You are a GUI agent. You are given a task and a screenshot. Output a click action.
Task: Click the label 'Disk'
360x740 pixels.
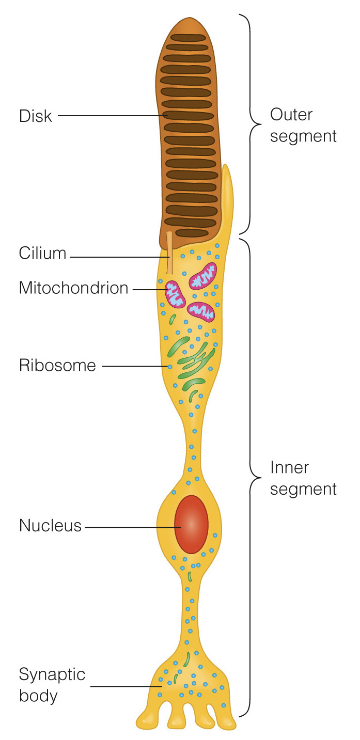[36, 116]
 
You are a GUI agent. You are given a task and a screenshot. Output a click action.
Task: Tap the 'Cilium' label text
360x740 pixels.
[43, 254]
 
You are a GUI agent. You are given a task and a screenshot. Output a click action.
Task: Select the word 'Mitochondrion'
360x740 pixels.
[73, 288]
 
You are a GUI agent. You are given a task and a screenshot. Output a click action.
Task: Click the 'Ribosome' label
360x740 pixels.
[57, 366]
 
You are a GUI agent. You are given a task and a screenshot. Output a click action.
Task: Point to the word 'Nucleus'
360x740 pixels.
[50, 526]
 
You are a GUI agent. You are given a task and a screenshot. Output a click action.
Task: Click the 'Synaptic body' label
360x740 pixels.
[52, 685]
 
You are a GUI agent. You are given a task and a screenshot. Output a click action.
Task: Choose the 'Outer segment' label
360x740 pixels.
[303, 125]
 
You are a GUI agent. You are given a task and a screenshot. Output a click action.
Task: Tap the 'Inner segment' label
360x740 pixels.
[303, 478]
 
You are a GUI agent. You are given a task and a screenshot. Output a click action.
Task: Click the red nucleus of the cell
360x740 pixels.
[191, 524]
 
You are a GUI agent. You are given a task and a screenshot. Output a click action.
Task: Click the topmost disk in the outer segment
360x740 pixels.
[189, 38]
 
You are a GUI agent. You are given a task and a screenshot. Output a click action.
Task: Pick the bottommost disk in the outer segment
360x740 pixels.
[192, 233]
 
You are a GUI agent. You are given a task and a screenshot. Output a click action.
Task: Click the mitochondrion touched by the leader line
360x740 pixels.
[175, 294]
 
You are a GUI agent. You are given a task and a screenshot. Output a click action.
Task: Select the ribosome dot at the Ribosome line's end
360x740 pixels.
[169, 367]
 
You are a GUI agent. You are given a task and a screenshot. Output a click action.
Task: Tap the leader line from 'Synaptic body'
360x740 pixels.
[127, 686]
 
